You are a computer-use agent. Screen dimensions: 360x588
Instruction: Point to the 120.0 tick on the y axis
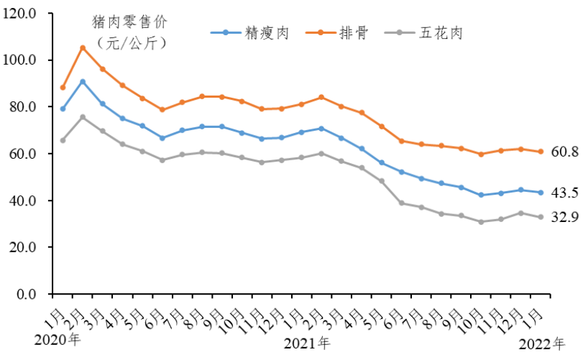[24, 13]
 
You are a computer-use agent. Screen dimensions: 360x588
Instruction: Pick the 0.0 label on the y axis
[29, 295]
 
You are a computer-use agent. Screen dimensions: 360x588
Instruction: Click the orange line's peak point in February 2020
[83, 47]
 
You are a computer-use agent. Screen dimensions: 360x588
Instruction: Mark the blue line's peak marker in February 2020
[83, 81]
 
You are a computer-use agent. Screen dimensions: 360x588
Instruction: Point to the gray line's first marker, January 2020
[63, 140]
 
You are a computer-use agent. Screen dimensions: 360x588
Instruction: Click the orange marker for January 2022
[540, 152]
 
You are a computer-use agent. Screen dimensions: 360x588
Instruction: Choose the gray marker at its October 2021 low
[481, 222]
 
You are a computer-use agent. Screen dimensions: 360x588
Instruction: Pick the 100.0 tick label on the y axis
[24, 60]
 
